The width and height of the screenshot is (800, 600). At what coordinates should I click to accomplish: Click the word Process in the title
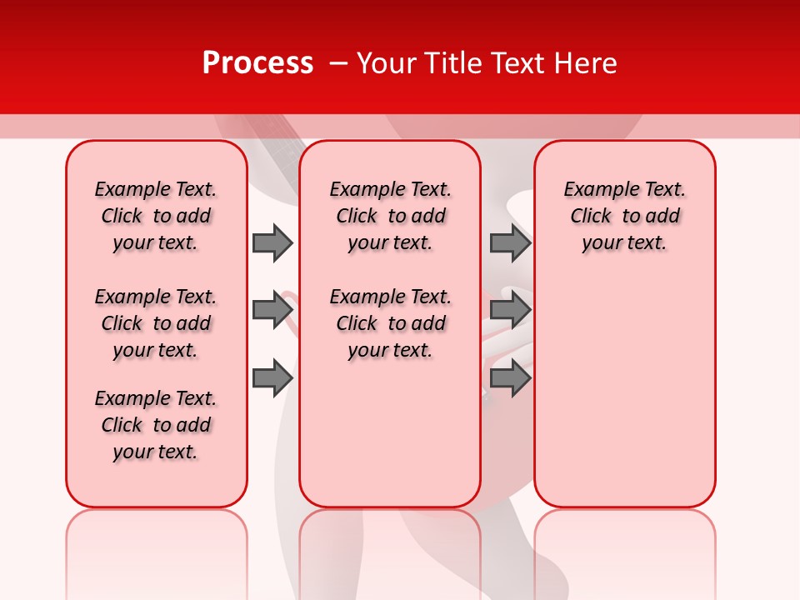257,63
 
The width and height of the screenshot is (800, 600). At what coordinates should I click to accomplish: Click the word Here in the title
587,63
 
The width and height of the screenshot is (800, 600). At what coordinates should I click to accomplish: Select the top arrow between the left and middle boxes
272,242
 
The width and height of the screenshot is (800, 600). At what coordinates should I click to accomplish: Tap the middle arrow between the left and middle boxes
272,310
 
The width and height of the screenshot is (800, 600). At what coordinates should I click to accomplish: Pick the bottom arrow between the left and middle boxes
272,378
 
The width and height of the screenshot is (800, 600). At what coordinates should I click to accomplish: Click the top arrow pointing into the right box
510,242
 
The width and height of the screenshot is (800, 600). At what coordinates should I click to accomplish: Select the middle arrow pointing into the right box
510,310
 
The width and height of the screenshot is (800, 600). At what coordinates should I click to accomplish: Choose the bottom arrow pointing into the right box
510,378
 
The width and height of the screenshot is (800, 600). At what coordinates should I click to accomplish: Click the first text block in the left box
156,216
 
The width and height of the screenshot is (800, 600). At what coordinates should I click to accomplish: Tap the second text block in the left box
156,323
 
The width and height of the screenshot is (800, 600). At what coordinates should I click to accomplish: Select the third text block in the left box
156,425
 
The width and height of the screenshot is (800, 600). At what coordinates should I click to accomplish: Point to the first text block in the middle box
390,216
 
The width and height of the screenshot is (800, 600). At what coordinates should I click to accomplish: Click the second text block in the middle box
390,323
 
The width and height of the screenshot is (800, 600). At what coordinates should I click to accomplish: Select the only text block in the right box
624,216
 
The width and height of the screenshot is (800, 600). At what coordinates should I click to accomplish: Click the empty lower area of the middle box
390,433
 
